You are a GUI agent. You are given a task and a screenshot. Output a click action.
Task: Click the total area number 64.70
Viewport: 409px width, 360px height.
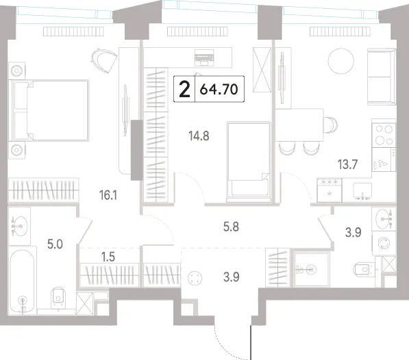tap(219, 90)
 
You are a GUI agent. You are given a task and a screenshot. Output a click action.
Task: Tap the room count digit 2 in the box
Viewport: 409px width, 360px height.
tap(185, 89)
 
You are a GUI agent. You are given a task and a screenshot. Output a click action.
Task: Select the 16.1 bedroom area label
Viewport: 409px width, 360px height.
tap(108, 195)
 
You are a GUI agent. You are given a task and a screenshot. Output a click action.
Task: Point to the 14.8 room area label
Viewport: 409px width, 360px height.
tap(199, 136)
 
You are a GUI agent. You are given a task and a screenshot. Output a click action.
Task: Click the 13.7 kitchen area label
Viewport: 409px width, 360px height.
tap(348, 165)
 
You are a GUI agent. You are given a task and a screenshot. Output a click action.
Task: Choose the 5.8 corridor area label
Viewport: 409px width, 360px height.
tap(231, 227)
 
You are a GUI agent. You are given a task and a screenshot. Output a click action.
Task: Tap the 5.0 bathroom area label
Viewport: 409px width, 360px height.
tap(55, 244)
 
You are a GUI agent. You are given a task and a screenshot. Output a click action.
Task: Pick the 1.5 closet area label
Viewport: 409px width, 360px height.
tap(108, 257)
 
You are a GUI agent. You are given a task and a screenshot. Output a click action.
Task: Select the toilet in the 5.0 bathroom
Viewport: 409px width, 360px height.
tap(58, 299)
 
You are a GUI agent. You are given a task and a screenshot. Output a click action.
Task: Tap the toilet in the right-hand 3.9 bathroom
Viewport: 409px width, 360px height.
tap(364, 269)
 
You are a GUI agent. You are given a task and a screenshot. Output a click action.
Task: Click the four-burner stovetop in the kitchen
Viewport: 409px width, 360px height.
tap(384, 136)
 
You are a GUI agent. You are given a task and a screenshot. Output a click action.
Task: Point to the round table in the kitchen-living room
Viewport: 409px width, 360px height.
tap(340, 62)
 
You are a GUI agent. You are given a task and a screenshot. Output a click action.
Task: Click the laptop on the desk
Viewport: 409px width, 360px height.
tap(204, 57)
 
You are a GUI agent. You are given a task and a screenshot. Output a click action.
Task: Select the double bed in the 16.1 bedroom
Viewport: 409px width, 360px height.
tap(49, 110)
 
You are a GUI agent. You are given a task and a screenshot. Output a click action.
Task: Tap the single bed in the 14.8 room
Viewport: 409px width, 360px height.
tap(249, 162)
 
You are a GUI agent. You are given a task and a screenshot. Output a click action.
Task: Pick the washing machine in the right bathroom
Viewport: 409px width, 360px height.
tap(384, 243)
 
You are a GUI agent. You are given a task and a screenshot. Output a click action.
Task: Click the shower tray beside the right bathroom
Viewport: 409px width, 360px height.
tap(311, 270)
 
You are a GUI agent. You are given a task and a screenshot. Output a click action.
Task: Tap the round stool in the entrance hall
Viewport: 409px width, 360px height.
tap(195, 279)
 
